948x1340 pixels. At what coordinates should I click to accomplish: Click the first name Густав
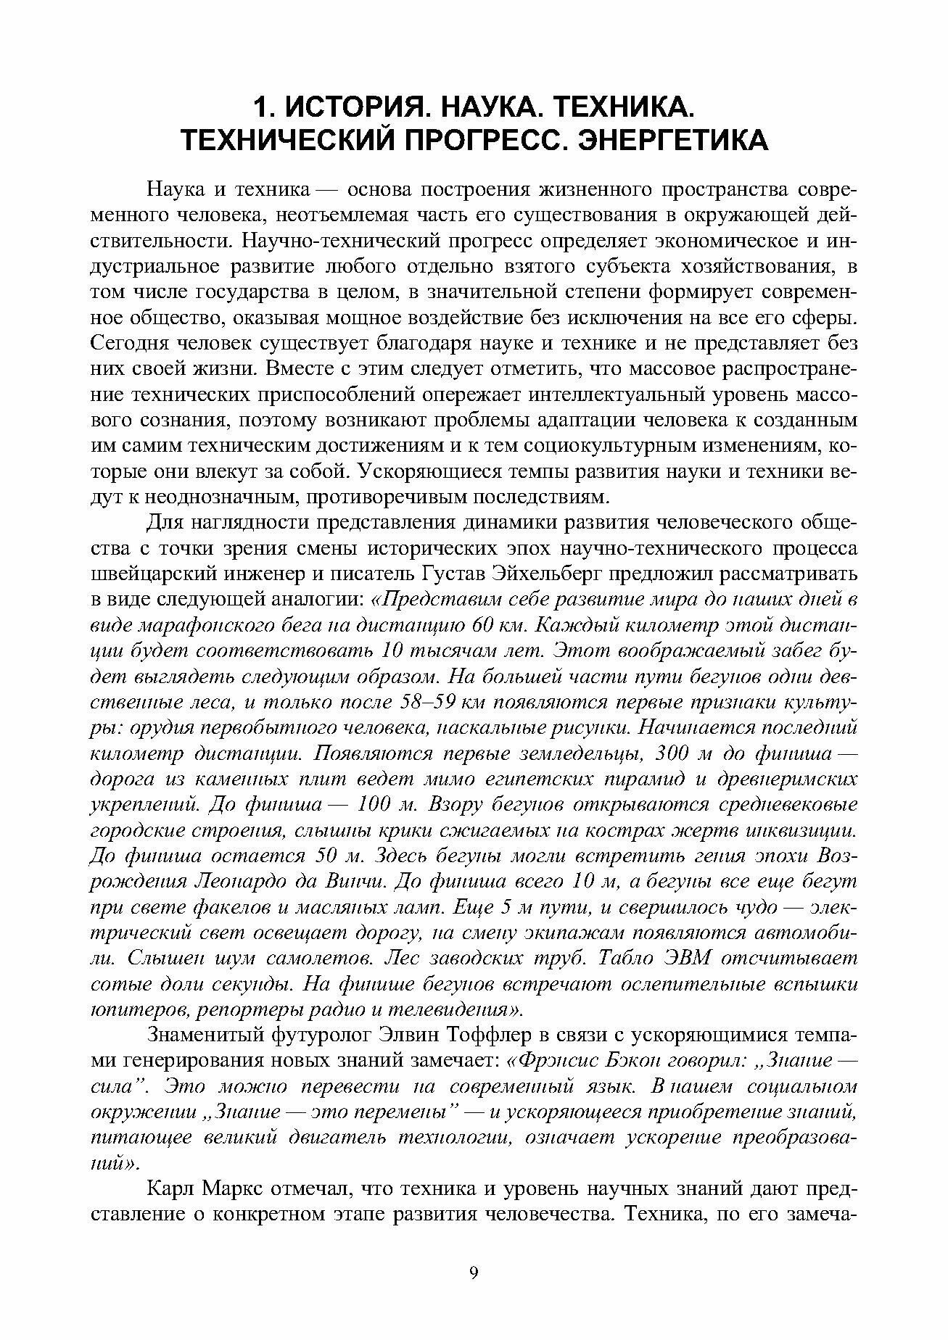(452, 574)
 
